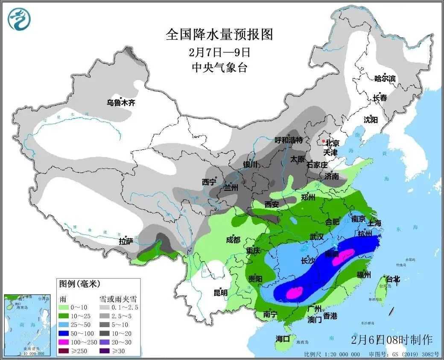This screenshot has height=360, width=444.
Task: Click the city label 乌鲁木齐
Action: click(121, 102)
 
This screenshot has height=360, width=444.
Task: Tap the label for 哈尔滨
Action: click(385, 78)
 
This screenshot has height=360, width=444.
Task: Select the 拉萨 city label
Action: click(126, 241)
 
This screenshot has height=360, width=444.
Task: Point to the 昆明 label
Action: click(220, 293)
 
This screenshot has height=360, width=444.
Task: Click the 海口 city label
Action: click(283, 339)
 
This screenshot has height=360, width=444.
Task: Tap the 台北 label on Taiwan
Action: click(393, 279)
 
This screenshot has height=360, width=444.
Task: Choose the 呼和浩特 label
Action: click(289, 140)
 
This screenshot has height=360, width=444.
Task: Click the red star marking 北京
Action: click(324, 141)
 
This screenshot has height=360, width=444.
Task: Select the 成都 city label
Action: click(233, 240)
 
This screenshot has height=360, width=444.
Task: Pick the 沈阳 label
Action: click(371, 119)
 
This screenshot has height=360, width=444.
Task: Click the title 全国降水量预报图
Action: click(219, 34)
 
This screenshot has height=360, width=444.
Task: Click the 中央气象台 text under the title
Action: click(219, 67)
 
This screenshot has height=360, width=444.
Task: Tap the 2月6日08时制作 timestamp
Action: click(392, 340)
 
